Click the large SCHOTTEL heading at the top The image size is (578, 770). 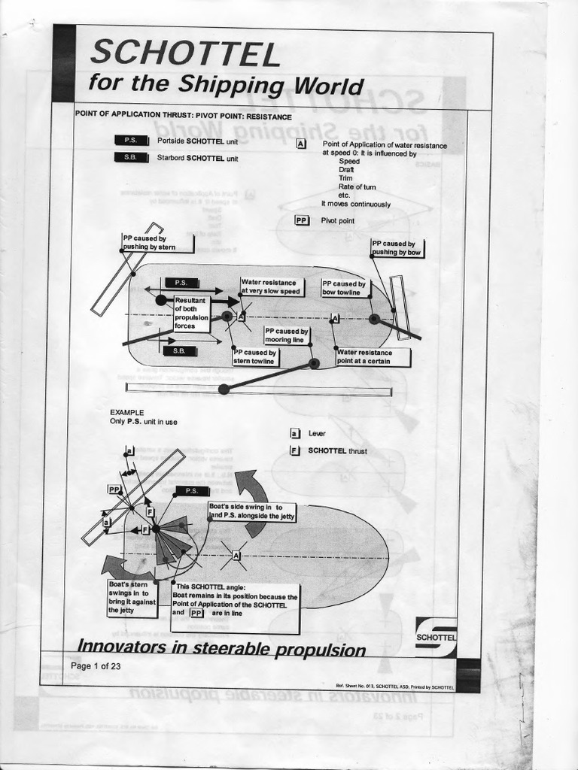click(x=184, y=53)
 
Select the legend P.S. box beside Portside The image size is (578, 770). click(x=129, y=141)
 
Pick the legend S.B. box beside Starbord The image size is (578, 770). click(x=129, y=158)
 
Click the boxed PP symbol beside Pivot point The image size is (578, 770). click(x=302, y=221)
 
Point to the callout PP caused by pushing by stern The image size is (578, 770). click(x=157, y=243)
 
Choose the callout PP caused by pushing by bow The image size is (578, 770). click(x=397, y=248)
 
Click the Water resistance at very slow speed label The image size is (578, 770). click(x=270, y=286)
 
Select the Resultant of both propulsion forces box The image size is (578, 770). click(x=190, y=314)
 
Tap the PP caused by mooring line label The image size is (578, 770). click(x=286, y=335)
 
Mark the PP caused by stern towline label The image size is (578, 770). click(x=255, y=357)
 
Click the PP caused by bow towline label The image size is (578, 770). click(x=344, y=288)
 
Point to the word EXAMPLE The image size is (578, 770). click(x=126, y=412)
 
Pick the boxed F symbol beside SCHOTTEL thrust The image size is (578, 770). click(x=295, y=451)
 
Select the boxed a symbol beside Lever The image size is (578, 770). click(x=295, y=434)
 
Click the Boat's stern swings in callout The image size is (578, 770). click(x=132, y=598)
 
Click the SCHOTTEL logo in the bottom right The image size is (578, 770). click(x=436, y=636)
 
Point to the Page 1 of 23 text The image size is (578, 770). click(x=96, y=666)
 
